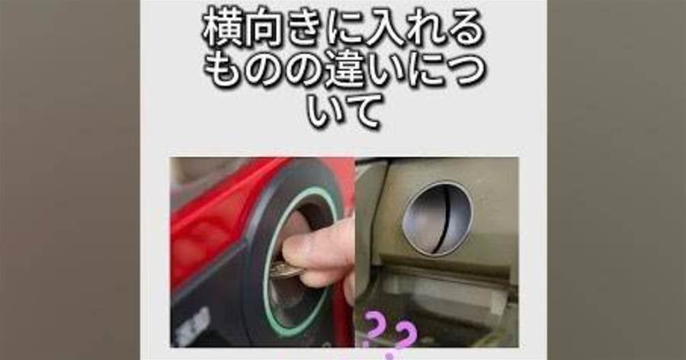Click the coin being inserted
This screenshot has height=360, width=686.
[284, 269]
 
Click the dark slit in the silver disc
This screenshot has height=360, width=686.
[442, 219]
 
